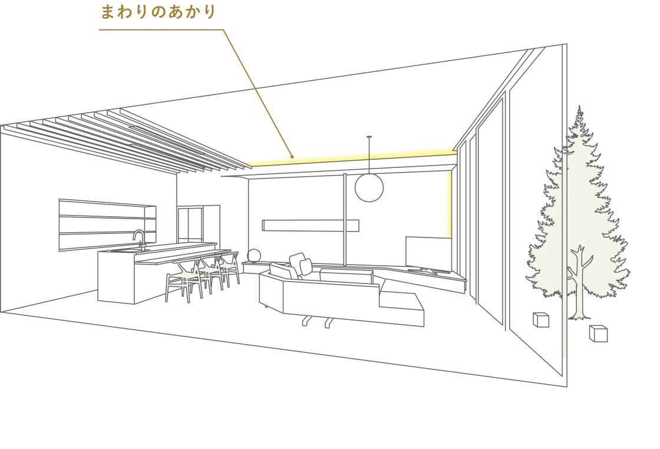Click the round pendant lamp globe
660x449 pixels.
[x=369, y=188]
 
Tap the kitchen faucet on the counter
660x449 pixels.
[x=139, y=239]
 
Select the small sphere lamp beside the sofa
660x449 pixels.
[x=254, y=255]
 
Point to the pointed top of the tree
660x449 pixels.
[x=580, y=107]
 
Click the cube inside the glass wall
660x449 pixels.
[x=541, y=320]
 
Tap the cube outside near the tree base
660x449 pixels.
[x=598, y=334]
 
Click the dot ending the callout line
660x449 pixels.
[x=292, y=157]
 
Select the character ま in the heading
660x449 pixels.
[x=108, y=12]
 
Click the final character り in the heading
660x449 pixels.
[x=210, y=12]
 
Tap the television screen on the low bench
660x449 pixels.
[x=428, y=252]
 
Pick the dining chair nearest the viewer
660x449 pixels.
[x=184, y=280]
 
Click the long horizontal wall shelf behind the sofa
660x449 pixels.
[x=311, y=225]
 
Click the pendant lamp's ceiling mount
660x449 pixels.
[x=369, y=137]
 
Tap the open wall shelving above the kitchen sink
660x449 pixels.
[x=107, y=225]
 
